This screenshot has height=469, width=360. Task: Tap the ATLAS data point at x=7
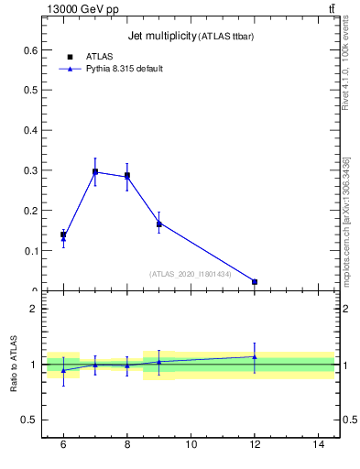[x=95, y=171]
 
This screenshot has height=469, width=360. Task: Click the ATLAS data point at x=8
[x=127, y=175]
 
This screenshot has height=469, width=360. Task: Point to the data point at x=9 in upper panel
[x=159, y=224]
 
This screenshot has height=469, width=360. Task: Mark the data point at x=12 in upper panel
[x=255, y=281]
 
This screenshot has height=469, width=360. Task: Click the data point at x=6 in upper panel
[x=63, y=235]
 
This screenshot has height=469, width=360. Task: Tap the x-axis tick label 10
[x=191, y=445]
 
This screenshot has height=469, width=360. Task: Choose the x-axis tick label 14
[x=319, y=445]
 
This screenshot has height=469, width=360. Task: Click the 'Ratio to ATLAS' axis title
[x=14, y=365]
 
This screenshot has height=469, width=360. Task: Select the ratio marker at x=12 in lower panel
[x=255, y=356]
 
